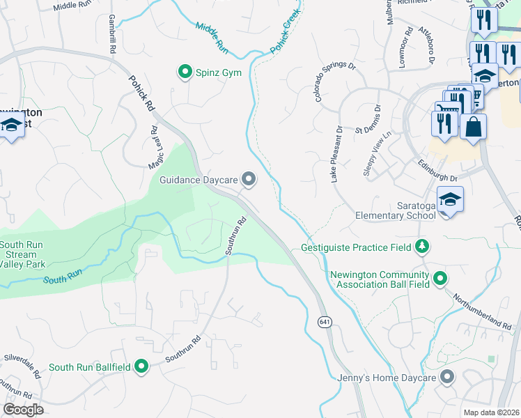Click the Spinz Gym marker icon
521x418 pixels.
click(x=185, y=72)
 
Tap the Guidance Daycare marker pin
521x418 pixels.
click(x=249, y=180)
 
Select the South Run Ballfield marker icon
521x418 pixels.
click(x=141, y=366)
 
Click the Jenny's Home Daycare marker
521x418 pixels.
click(x=446, y=378)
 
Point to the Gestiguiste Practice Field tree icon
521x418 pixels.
click(x=421, y=246)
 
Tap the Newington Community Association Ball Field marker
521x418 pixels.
click(x=440, y=279)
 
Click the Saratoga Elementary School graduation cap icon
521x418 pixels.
click(x=450, y=199)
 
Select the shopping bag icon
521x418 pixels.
click(x=473, y=127)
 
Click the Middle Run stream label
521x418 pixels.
click(x=212, y=38)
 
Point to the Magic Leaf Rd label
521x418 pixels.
click(x=154, y=147)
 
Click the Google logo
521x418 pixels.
click(x=23, y=410)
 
